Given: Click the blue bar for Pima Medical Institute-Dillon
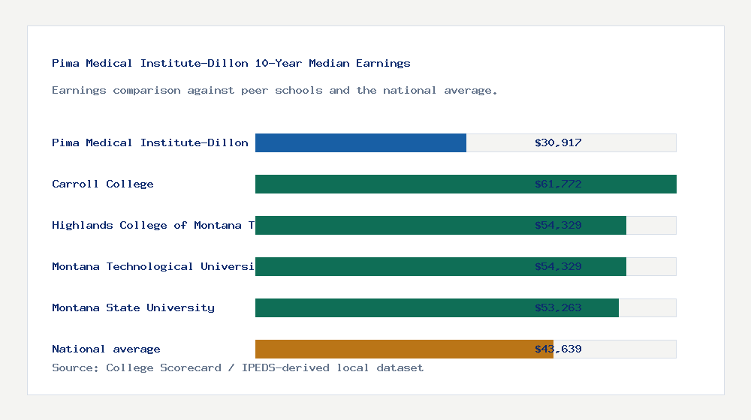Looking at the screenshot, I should (360, 142).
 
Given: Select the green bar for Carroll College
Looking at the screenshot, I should (391, 184).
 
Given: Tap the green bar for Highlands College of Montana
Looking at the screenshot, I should (391, 225).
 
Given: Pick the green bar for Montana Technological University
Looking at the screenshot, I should (391, 266).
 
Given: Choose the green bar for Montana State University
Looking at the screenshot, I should (391, 307).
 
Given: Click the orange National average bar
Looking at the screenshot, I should (391, 349).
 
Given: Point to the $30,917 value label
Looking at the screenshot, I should (558, 142).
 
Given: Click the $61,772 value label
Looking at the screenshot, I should (558, 184).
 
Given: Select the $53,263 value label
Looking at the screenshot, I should (558, 307).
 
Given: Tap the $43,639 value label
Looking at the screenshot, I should (558, 349).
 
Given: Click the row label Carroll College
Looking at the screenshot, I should (103, 184).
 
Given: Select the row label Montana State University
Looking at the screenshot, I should (133, 307).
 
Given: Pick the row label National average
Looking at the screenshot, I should (106, 349).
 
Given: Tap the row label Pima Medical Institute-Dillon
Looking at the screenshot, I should (150, 142).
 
